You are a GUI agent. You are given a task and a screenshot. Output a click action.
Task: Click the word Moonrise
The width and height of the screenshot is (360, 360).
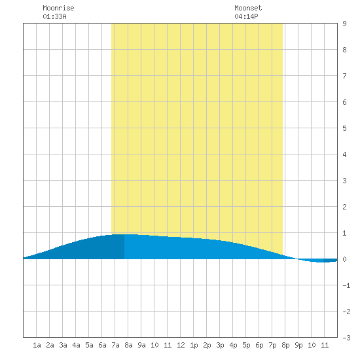pos(58,8)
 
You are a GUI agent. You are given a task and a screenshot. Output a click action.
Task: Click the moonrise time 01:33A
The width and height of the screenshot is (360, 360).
pos(54,16)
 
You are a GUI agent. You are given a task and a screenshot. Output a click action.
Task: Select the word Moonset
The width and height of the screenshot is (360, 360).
pos(248,8)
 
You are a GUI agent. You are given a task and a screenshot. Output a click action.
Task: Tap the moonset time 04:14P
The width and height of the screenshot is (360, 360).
pos(246,16)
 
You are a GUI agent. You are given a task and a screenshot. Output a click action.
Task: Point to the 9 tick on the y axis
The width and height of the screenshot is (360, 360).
pos(344,24)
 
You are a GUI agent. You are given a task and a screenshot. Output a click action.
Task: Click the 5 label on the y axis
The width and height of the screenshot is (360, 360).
pos(344,128)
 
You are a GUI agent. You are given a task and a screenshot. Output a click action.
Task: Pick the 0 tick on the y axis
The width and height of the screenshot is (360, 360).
pos(344,259)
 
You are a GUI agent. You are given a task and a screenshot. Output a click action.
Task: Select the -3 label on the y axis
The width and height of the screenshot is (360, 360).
pos(346,338)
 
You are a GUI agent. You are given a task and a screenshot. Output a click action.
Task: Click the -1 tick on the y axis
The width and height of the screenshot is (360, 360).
pos(346,285)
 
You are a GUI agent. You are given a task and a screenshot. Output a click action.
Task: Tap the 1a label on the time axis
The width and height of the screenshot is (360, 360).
pos(37,345)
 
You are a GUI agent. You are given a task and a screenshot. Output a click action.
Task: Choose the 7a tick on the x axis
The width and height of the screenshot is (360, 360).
pos(115,345)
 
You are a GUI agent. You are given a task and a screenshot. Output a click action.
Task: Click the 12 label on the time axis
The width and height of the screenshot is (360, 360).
pos(181,345)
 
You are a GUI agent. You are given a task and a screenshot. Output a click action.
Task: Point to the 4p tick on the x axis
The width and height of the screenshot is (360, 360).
pos(233,345)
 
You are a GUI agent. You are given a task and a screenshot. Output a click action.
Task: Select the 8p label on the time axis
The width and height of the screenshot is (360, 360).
pos(285,345)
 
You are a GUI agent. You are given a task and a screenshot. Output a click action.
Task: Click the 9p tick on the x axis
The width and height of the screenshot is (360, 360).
pos(298,345)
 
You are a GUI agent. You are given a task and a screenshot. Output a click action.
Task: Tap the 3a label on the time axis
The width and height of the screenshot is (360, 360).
pos(63,345)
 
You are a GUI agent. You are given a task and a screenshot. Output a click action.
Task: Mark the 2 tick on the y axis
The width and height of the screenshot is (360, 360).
pos(344,207)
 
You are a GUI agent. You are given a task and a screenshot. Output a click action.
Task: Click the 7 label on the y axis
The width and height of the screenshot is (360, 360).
pos(344,76)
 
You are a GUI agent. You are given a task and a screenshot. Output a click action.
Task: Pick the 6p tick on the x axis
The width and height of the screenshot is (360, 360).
pos(259,345)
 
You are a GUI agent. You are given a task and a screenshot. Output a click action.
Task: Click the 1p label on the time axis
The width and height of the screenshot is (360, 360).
pos(194,345)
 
